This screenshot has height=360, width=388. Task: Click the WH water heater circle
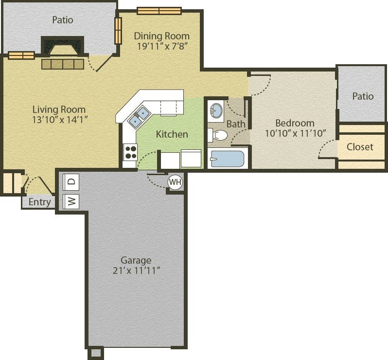[x=175, y=182]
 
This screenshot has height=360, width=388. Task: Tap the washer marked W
[x=71, y=201]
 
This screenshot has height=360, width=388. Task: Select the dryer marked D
[x=71, y=181]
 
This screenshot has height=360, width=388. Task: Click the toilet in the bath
[x=217, y=135]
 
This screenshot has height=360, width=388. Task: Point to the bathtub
[x=228, y=159]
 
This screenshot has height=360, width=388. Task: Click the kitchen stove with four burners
[x=130, y=152]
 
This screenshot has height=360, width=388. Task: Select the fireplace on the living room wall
[x=62, y=46]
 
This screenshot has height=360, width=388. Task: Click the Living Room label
[x=59, y=109]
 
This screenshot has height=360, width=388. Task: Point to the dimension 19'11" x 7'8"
[x=161, y=46]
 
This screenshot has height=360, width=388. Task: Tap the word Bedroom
[x=295, y=123]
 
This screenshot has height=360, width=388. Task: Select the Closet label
[x=360, y=147]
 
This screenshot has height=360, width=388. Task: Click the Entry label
[x=39, y=202]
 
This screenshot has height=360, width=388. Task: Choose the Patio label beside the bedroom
[x=363, y=96]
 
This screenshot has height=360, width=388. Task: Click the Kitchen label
[x=172, y=134]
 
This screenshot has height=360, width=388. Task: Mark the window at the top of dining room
[x=159, y=11]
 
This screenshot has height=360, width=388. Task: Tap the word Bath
[x=236, y=124]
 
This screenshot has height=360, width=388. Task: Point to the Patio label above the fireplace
[x=63, y=20]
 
